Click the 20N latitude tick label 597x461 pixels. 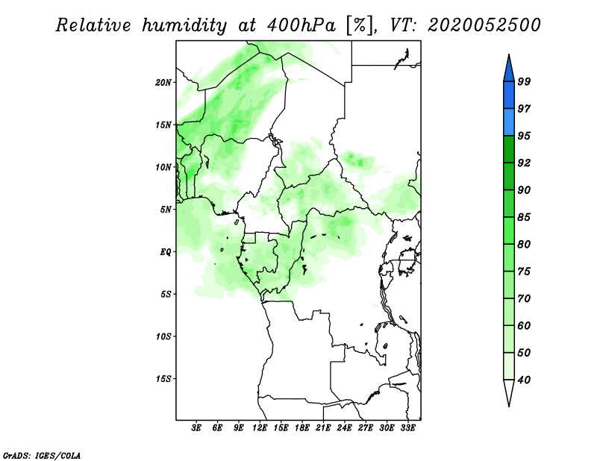tap(163, 83)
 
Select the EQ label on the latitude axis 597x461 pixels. tap(166, 252)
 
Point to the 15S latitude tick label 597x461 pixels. tap(163, 379)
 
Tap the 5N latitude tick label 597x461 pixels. tap(166, 210)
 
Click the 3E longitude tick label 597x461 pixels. tap(196, 427)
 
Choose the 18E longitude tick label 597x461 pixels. tap(301, 427)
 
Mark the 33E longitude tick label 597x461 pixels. tap(407, 427)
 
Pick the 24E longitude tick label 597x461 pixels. tap(344, 427)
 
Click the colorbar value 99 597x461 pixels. tap(524, 81)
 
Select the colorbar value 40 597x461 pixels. tap(524, 380)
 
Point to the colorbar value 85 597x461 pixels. tap(524, 217)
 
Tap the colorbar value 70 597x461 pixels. tap(524, 298)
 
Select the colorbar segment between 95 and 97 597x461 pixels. tap(509, 122)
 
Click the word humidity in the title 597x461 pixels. tap(184, 25)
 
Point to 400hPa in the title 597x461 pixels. tap(301, 25)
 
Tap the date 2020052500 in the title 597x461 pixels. tap(484, 25)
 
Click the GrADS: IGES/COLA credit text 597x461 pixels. tap(42, 455)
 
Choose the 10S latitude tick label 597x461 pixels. tap(163, 336)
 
